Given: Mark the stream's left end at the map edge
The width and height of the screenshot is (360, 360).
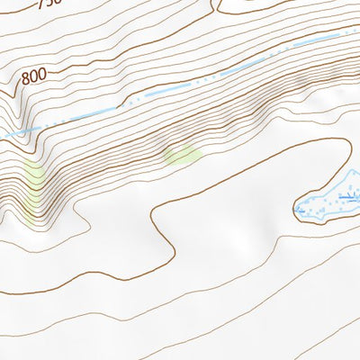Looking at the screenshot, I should point(2,135).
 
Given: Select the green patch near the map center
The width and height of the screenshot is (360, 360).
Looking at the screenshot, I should point(183,156).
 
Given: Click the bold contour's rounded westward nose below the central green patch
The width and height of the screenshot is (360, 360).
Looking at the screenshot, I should point(154,216).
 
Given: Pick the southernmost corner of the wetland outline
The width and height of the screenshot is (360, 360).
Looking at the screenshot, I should point(317,219).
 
